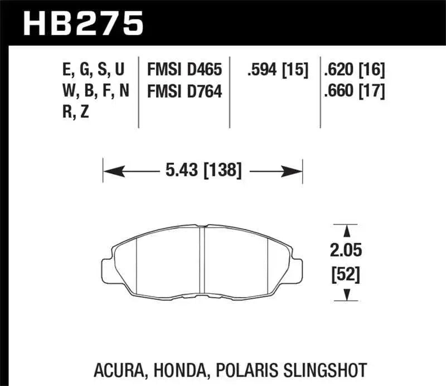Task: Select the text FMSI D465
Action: point(185,70)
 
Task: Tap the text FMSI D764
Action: point(185,90)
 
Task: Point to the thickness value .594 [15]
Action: point(277,70)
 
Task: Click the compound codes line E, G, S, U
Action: point(94,70)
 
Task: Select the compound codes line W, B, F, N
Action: point(94,90)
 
